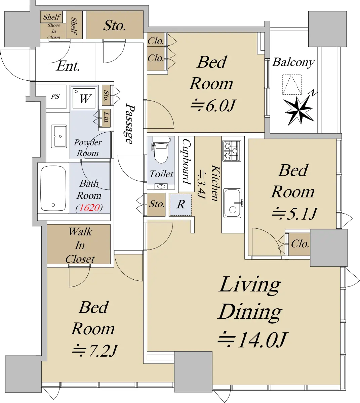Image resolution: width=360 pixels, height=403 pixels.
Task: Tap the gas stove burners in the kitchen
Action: (x=232, y=150)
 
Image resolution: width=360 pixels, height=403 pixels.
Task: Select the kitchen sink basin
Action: (x=232, y=203)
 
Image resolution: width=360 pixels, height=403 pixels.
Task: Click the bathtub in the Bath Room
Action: (x=53, y=188)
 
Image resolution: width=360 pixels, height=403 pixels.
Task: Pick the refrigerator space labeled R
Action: (x=181, y=205)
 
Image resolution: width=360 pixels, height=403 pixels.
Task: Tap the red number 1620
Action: (x=89, y=208)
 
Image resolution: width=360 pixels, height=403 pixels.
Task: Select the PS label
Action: (x=55, y=96)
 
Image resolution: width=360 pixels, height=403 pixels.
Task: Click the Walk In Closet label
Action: (x=80, y=245)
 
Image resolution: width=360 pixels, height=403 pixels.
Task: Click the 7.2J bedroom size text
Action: (x=95, y=351)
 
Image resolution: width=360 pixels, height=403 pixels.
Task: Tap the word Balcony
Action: (x=293, y=62)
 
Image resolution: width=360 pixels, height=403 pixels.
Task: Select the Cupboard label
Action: (x=186, y=161)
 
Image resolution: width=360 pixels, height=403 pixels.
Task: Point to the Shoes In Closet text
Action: (x=54, y=31)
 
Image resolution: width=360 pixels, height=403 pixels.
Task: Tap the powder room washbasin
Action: (x=59, y=136)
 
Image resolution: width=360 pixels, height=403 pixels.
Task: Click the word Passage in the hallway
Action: (x=130, y=123)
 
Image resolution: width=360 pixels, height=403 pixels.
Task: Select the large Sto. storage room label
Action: (x=115, y=25)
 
